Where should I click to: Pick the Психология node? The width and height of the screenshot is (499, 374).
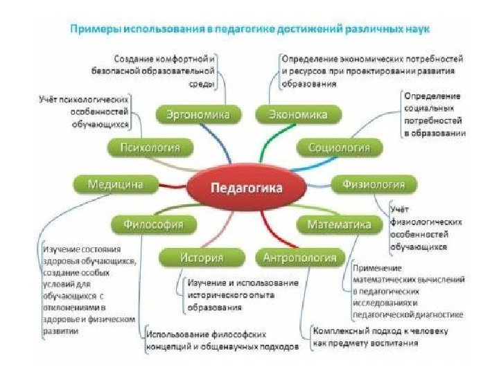click(x=150, y=148)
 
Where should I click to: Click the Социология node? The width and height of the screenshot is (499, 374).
click(x=339, y=148)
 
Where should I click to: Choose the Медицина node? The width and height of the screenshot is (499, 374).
click(x=115, y=184)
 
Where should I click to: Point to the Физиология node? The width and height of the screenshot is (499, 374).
click(x=378, y=184)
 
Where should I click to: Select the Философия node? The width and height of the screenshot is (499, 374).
click(x=153, y=224)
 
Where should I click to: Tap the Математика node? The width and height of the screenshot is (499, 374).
click(x=339, y=224)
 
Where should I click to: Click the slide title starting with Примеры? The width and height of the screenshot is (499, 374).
click(x=248, y=30)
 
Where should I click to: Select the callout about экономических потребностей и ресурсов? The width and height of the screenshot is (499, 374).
click(x=371, y=71)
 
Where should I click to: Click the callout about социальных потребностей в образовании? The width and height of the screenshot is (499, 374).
click(x=435, y=114)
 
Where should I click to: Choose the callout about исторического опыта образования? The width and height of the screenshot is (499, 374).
click(x=242, y=294)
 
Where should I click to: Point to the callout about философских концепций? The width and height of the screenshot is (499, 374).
click(x=222, y=339)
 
